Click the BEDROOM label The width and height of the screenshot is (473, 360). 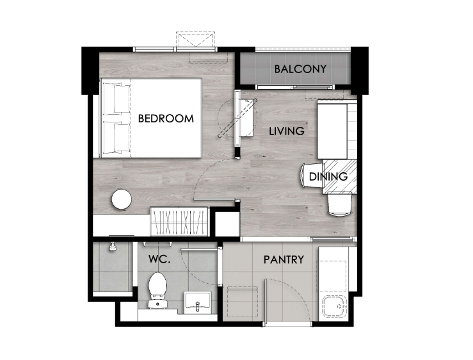point(166,119)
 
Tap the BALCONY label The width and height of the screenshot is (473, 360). point(300,69)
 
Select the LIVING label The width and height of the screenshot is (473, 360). point(287,131)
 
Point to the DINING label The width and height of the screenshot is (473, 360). point(328,176)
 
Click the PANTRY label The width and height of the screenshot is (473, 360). point(284,259)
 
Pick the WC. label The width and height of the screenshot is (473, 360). point(159,259)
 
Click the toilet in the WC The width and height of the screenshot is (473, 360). point(157,290)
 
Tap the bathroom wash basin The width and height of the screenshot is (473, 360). point(198,301)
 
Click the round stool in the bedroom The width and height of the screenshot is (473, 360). point(122,199)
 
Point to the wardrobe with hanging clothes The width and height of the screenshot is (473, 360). point(179,222)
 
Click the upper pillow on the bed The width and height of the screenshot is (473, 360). point(117,97)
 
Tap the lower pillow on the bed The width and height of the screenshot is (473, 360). point(117,138)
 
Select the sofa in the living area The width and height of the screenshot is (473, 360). point(337,131)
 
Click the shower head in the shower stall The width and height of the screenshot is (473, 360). point(113,247)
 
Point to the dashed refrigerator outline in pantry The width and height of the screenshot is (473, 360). point(243,302)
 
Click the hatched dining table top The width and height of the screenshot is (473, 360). point(340,177)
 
